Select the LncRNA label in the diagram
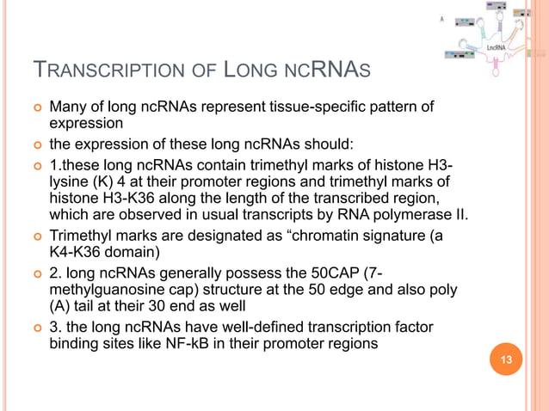497,49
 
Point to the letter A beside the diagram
443,19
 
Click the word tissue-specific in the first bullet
322,107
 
